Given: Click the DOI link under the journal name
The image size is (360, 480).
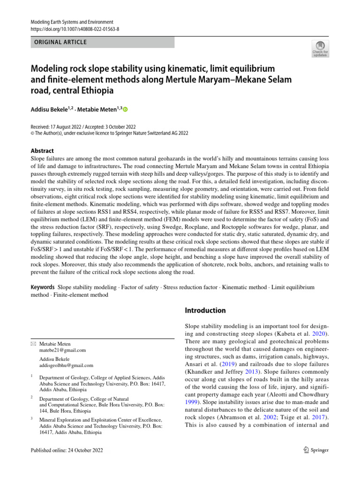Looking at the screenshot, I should (67, 29).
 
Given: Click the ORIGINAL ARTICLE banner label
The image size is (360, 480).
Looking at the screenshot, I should (60, 42).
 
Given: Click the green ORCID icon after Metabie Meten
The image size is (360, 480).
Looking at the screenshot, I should (125, 109).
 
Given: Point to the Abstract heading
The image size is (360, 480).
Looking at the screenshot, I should (42, 151).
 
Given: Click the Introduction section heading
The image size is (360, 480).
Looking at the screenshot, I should (206, 310).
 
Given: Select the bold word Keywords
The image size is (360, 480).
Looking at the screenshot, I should (43, 287).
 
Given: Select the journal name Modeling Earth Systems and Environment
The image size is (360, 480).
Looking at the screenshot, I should (72, 22).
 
